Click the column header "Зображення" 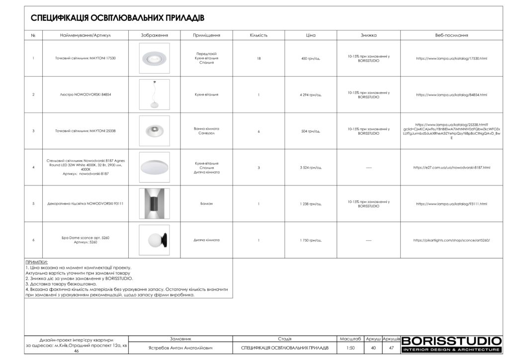[x=155, y=35]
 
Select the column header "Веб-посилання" [x=451, y=35]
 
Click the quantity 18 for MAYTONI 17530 [x=258, y=58]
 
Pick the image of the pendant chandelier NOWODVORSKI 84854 [x=154, y=94]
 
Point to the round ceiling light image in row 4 [x=155, y=167]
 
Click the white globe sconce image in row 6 [x=154, y=240]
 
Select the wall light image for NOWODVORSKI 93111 [x=154, y=204]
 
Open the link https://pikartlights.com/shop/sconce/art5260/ [x=451, y=240]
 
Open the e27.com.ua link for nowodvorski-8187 [x=451, y=168]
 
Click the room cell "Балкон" [x=206, y=204]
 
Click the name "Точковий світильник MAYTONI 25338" [x=85, y=131]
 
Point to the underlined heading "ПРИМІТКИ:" [x=36, y=262]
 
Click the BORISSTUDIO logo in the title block [x=451, y=344]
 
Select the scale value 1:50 [x=350, y=348]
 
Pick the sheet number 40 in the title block [x=373, y=348]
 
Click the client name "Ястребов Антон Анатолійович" [x=180, y=348]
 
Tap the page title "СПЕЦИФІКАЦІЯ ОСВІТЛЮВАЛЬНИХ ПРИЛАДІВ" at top [x=118, y=18]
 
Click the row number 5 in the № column [x=33, y=204]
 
